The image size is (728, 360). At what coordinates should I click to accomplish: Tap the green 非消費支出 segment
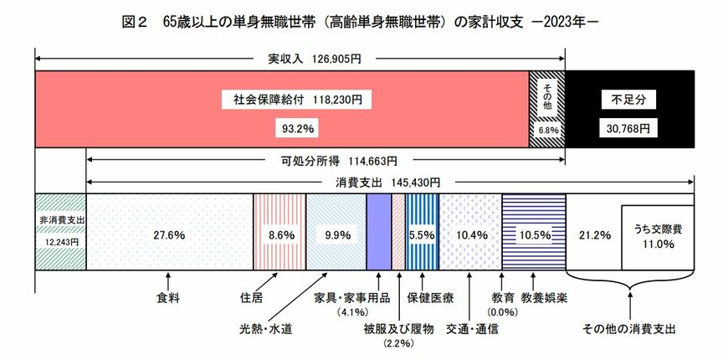tap(60, 231)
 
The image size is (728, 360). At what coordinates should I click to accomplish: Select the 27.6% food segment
tap(170, 234)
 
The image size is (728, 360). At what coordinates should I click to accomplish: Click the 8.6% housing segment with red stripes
tap(279, 234)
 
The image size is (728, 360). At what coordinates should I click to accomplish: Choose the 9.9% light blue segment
tap(336, 234)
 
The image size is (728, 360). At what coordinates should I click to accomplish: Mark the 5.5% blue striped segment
tap(422, 234)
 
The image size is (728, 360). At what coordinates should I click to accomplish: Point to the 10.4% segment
tap(469, 234)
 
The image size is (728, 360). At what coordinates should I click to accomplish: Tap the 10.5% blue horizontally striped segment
tap(533, 234)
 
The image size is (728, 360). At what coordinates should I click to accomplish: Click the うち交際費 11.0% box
tap(657, 237)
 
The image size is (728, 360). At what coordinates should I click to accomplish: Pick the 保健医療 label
tap(430, 296)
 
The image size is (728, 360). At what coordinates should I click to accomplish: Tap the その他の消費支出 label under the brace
tap(629, 327)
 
